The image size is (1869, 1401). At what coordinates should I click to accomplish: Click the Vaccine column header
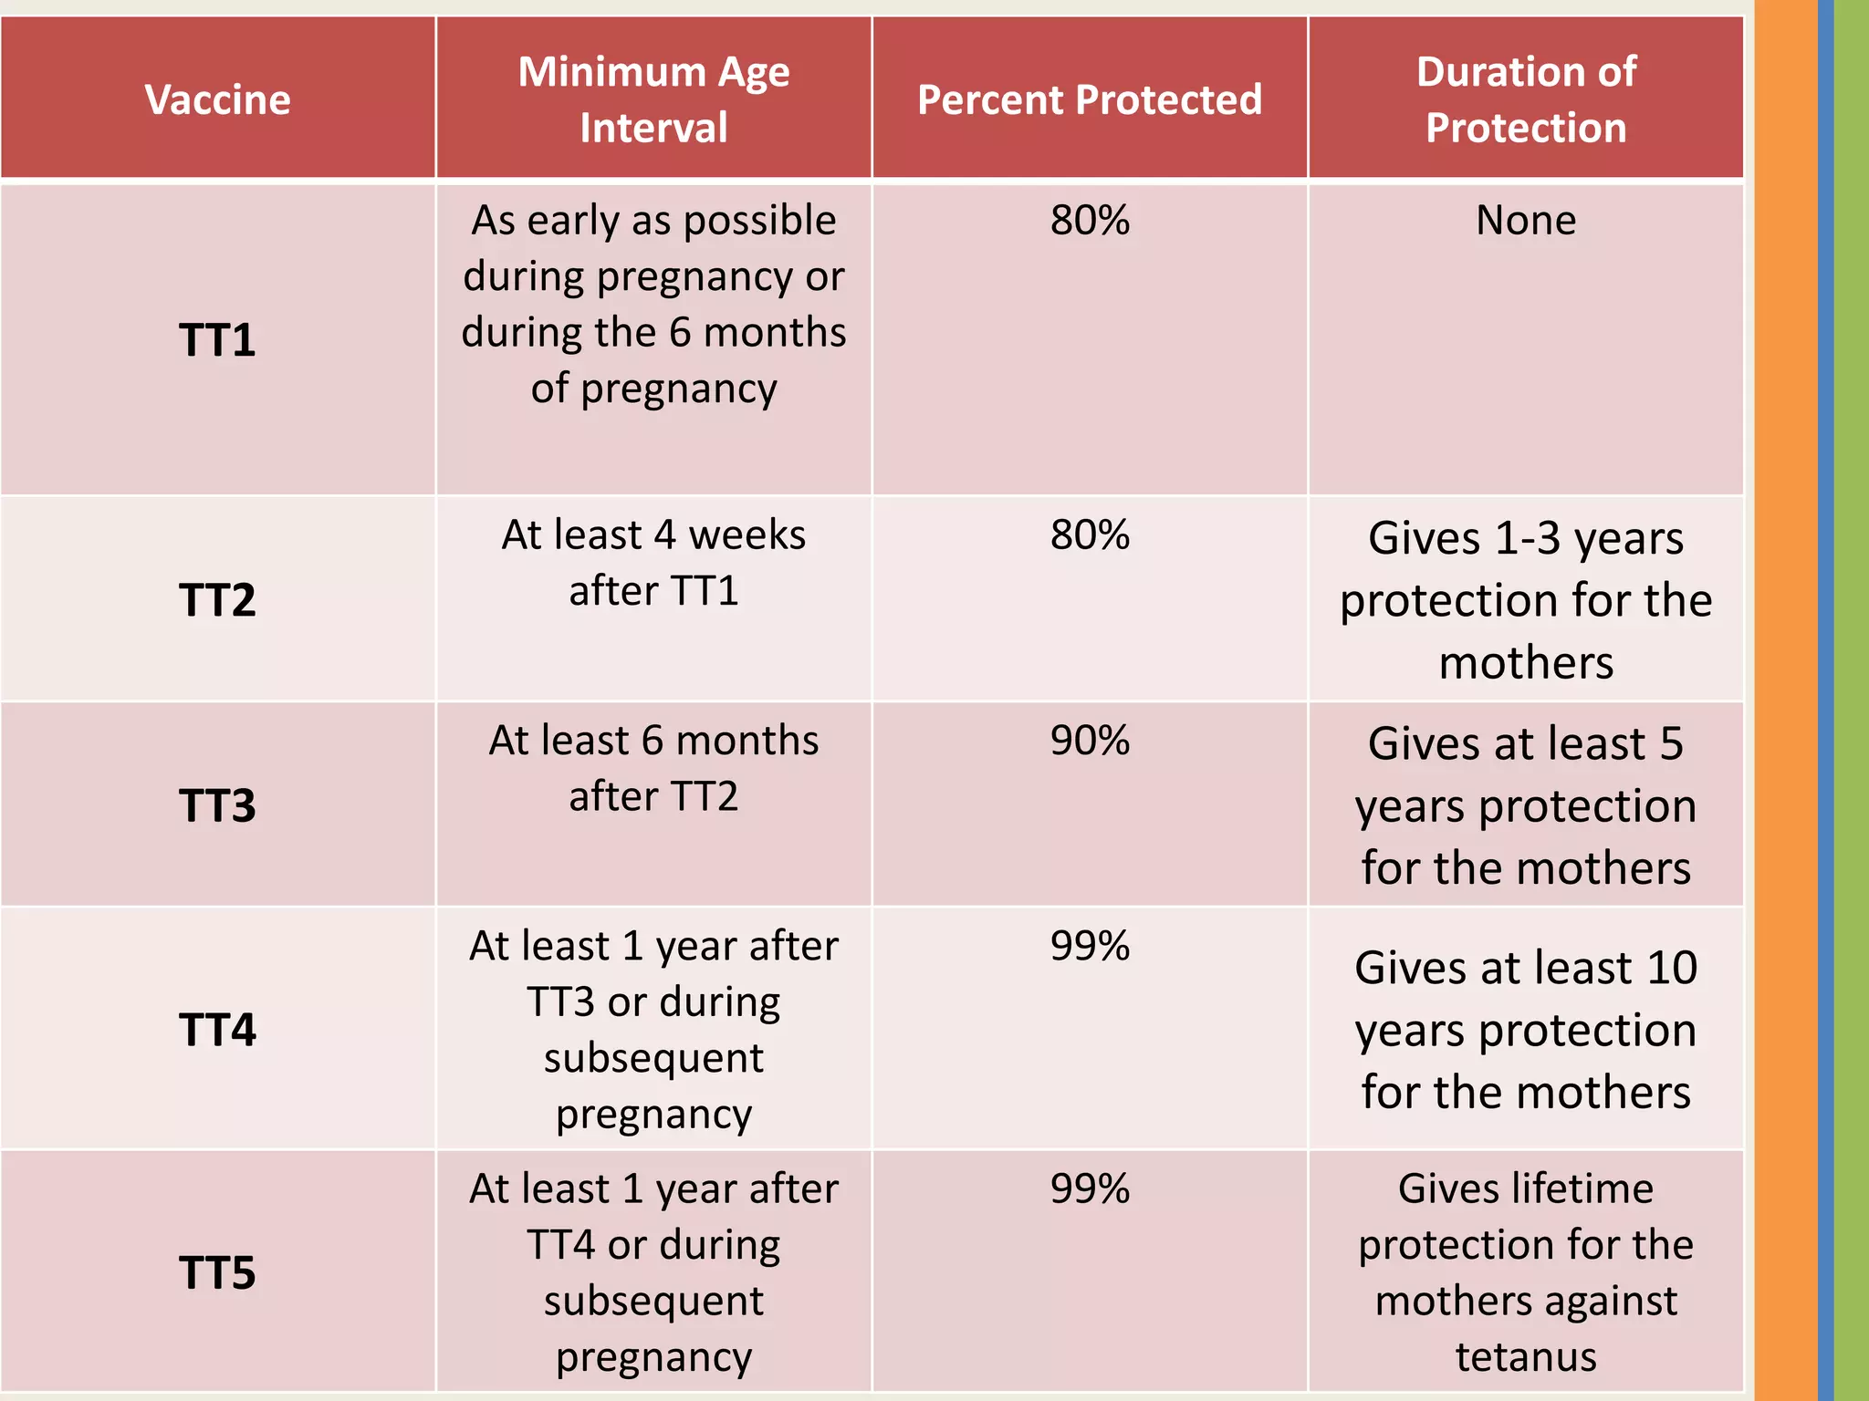[x=217, y=99]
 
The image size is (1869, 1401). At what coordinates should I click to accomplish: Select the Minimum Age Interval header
[x=653, y=99]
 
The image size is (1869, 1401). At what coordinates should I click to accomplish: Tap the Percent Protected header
[x=1090, y=99]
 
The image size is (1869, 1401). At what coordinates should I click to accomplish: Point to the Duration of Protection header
[x=1526, y=99]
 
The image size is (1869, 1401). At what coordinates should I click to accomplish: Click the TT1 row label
[x=217, y=340]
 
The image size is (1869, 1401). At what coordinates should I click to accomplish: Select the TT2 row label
[x=217, y=600]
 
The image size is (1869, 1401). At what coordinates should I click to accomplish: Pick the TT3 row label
[x=217, y=805]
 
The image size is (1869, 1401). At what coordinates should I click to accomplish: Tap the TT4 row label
[x=217, y=1030]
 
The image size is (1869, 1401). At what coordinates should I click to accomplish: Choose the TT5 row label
[x=217, y=1272]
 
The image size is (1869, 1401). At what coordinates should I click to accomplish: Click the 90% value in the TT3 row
[x=1090, y=741]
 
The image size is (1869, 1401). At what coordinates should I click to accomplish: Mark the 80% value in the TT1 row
[x=1090, y=221]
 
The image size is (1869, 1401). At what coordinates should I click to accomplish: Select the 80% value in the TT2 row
[x=1090, y=535]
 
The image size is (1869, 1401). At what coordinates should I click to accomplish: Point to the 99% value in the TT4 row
[x=1090, y=946]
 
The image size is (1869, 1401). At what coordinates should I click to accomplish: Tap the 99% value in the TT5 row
[x=1090, y=1188]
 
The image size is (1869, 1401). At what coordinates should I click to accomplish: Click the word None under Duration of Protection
[x=1526, y=221]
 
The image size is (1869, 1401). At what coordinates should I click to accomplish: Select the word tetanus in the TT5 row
[x=1526, y=1357]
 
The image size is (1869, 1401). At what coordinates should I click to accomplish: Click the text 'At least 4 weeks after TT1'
[x=653, y=563]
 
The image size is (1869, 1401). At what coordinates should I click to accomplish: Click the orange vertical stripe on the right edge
[x=1785, y=700]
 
